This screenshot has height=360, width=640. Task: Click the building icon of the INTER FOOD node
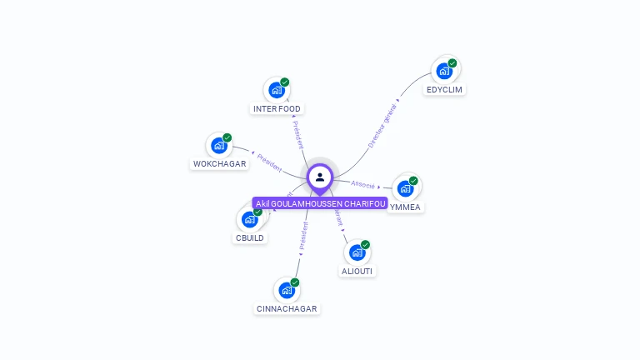[x=277, y=90]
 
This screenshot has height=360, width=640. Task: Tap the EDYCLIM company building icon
[x=444, y=71]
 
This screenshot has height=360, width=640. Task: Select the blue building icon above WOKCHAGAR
[x=219, y=146]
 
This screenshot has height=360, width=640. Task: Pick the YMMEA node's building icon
[x=405, y=188]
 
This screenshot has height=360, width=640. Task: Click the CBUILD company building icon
[x=249, y=219]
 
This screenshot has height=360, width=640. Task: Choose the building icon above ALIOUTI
[x=357, y=252]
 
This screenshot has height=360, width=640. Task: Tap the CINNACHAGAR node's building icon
[x=287, y=290]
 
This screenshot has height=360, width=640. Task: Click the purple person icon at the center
[x=320, y=177]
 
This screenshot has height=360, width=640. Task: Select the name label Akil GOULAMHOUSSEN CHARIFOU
[x=320, y=203]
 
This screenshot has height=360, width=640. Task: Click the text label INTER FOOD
[x=277, y=109]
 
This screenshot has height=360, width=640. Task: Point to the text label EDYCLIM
[x=444, y=90]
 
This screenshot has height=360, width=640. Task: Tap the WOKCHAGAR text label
[x=220, y=164]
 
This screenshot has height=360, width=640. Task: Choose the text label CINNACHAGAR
[x=287, y=309]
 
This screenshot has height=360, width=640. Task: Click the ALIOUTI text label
[x=357, y=272]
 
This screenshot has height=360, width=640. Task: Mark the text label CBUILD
[x=250, y=238]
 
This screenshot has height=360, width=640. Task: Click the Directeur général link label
[x=382, y=127]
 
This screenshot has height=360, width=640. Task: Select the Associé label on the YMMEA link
[x=363, y=184]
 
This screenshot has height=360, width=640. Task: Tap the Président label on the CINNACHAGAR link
[x=303, y=236]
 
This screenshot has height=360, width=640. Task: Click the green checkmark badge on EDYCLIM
[x=452, y=63]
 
